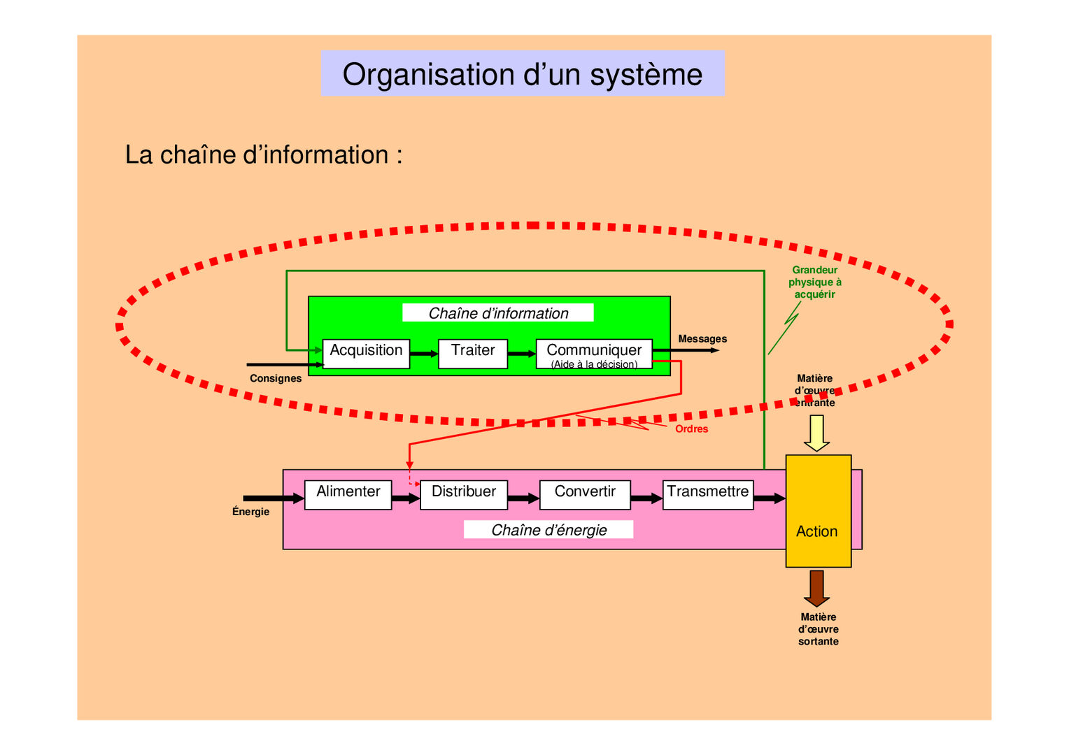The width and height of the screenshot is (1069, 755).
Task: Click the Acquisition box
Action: pos(366,354)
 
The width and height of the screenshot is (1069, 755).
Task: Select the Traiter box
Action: pos(473,354)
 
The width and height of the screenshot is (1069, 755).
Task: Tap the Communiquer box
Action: pos(594,354)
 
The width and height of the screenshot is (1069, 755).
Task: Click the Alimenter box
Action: pos(348,495)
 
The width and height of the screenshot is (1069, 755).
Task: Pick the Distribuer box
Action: pos(463,495)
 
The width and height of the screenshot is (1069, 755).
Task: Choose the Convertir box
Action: pos(585,495)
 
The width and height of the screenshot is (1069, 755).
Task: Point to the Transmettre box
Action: pos(707,495)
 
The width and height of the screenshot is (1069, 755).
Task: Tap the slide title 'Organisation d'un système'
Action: pos(523,73)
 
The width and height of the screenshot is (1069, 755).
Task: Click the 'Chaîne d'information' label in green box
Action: pos(498,313)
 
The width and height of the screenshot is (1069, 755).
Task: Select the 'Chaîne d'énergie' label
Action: pos(548,530)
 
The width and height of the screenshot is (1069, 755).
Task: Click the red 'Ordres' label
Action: pos(691,429)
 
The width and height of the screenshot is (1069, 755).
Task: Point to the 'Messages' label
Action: pos(702,339)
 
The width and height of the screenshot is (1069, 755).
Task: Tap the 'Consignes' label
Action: pos(276,378)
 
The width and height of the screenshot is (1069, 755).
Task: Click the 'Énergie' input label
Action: pos(250,512)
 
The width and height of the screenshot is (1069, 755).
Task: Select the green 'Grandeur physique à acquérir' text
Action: pos(814,282)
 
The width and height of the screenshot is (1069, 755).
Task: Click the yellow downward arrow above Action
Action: pos(816,433)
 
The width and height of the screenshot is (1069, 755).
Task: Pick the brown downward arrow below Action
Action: pos(816,588)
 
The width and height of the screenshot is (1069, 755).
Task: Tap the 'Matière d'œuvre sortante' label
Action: pos(818,629)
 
